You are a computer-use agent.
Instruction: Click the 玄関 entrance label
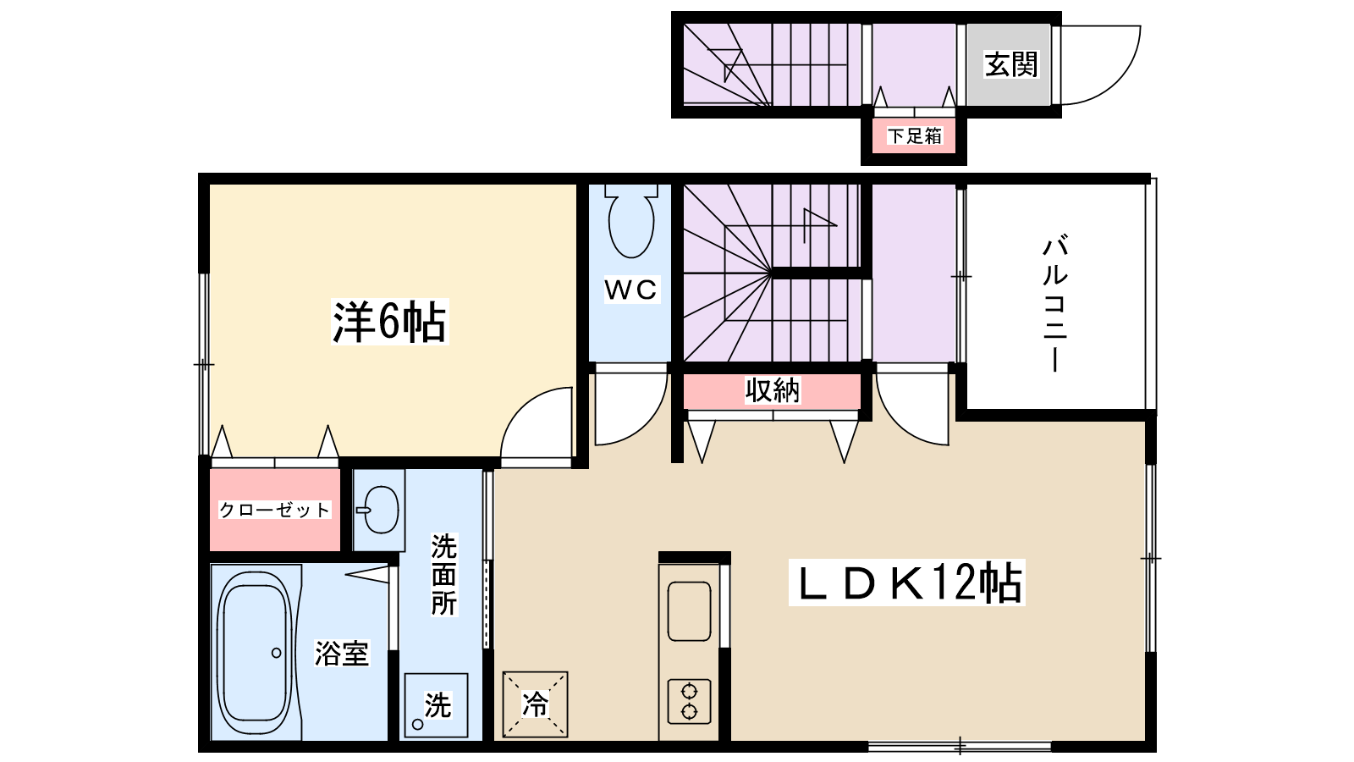1010,64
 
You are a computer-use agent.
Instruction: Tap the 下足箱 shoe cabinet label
914,135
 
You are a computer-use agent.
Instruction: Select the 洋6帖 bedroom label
389,322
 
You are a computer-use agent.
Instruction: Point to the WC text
631,290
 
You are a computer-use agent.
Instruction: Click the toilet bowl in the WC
631,222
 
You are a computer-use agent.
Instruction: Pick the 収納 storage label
772,390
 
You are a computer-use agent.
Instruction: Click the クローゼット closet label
274,510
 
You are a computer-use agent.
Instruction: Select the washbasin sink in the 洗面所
380,510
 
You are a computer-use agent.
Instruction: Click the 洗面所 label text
443,574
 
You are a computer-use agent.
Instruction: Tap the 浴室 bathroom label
342,653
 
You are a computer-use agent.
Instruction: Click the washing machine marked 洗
436,704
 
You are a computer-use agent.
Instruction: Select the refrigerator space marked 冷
535,704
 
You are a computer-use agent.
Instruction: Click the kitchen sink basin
689,610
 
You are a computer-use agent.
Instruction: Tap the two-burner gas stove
689,701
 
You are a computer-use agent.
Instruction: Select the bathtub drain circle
277,653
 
